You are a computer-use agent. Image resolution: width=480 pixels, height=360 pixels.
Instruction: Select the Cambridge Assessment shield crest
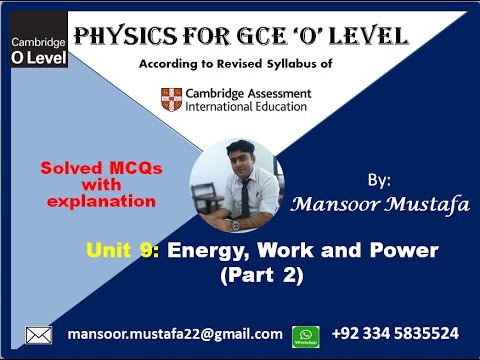(172, 99)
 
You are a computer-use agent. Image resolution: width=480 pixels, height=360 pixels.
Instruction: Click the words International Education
(248, 107)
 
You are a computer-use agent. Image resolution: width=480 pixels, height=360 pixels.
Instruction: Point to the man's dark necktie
(243, 195)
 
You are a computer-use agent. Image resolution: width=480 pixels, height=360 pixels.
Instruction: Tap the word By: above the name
(380, 180)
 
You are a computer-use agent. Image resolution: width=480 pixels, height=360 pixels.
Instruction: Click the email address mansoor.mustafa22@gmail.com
(174, 333)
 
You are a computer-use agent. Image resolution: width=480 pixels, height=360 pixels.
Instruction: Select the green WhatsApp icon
(305, 336)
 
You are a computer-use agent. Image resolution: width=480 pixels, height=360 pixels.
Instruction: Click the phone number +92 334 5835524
(395, 333)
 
